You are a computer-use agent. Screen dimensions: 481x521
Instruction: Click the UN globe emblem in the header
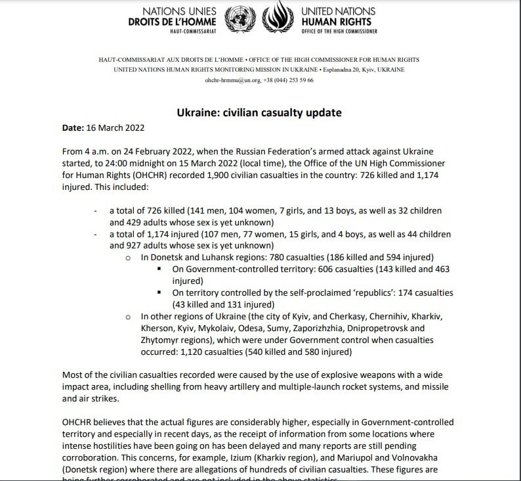click(238, 20)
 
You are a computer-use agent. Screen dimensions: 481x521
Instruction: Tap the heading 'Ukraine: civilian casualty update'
click(259, 113)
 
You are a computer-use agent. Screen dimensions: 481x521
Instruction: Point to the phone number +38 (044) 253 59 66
click(288, 80)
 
